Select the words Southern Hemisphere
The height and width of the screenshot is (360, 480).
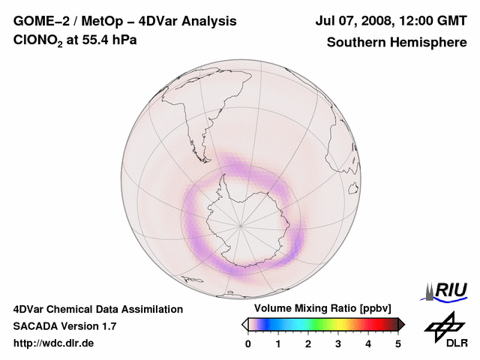click(x=397, y=42)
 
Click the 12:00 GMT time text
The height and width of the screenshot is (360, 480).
click(x=434, y=21)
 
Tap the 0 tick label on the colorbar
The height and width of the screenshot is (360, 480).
click(x=248, y=343)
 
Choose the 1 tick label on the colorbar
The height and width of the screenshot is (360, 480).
click(x=278, y=343)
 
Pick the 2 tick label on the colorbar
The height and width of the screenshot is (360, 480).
click(x=308, y=343)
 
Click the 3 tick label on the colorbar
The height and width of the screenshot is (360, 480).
click(x=338, y=343)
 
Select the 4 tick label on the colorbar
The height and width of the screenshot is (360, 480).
click(x=368, y=343)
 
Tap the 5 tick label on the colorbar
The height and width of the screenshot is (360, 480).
click(x=398, y=343)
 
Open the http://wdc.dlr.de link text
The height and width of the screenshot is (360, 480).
click(x=54, y=343)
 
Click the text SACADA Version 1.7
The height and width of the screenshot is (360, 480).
click(x=64, y=326)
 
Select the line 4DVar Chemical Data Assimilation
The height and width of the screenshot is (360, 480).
click(x=97, y=309)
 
